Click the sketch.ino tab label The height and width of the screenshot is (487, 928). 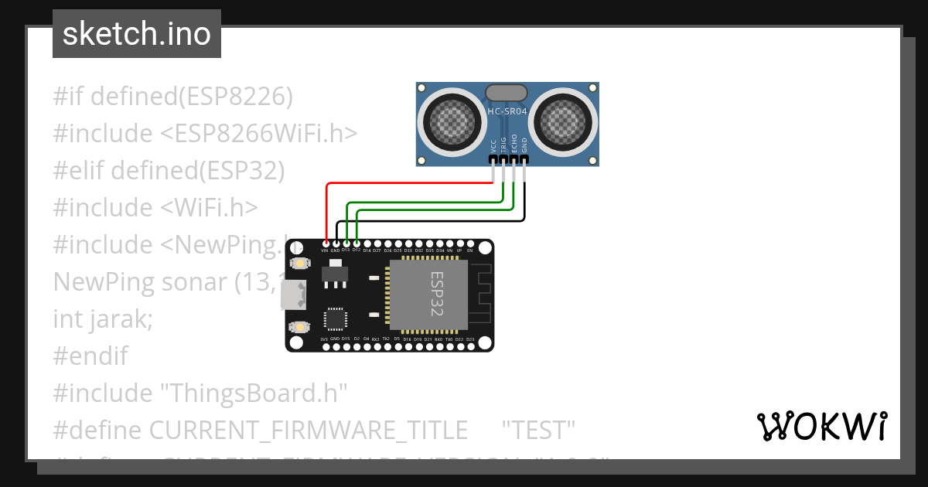136,34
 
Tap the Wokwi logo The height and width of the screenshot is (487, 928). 821,427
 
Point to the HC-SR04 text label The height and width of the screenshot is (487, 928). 507,112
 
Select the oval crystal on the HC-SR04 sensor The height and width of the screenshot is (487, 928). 507,93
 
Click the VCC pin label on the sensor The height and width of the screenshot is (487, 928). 493,146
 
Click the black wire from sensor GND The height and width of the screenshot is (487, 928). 433,220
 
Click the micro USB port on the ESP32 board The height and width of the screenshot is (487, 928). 293,295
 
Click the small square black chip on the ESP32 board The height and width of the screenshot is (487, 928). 336,319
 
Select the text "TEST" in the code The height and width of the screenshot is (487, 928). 538,429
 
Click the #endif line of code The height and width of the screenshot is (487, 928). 90,356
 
